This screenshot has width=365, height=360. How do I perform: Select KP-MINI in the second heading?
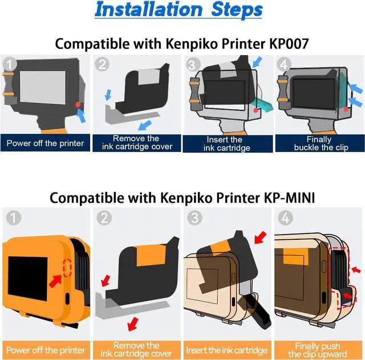pyautogui.click(x=288, y=198)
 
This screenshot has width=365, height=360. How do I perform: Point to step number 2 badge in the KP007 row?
pyautogui.click(x=101, y=64)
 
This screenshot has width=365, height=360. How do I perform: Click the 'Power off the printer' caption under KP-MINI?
pyautogui.click(x=45, y=350)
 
